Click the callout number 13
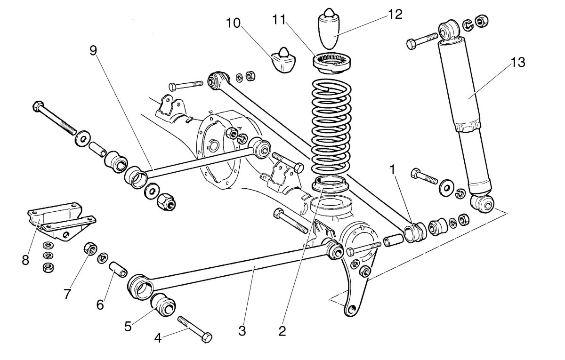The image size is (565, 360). (x=517, y=62)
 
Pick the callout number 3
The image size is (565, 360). (x=242, y=330)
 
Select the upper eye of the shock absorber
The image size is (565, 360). (x=450, y=29)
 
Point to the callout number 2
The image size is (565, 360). (x=282, y=330)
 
